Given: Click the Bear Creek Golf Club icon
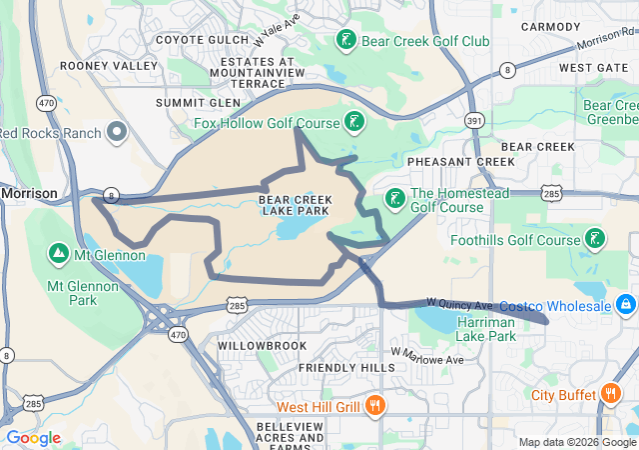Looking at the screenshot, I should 345,41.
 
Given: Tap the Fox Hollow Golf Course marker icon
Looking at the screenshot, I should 352,123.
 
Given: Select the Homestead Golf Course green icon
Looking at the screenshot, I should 395,196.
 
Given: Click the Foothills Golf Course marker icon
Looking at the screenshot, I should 594,238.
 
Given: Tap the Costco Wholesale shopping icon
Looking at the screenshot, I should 625,302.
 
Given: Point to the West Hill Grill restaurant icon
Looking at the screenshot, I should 375,406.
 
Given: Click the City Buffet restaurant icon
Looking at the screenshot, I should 609,394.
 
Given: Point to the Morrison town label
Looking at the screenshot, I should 29,193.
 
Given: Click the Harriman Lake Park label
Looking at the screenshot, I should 485,329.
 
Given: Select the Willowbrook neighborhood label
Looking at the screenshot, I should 253,345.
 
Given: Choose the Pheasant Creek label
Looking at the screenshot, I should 460,161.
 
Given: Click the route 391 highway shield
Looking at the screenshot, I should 474,120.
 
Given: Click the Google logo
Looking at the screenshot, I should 34,438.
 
